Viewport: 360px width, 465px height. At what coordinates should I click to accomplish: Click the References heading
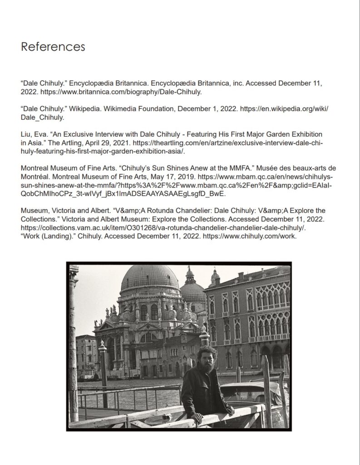pyautogui.click(x=53, y=46)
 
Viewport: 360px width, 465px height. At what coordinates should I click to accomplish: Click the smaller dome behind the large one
pyautogui.click(x=193, y=290)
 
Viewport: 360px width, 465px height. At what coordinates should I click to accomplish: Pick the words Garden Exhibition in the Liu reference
pyautogui.click(x=289, y=134)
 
